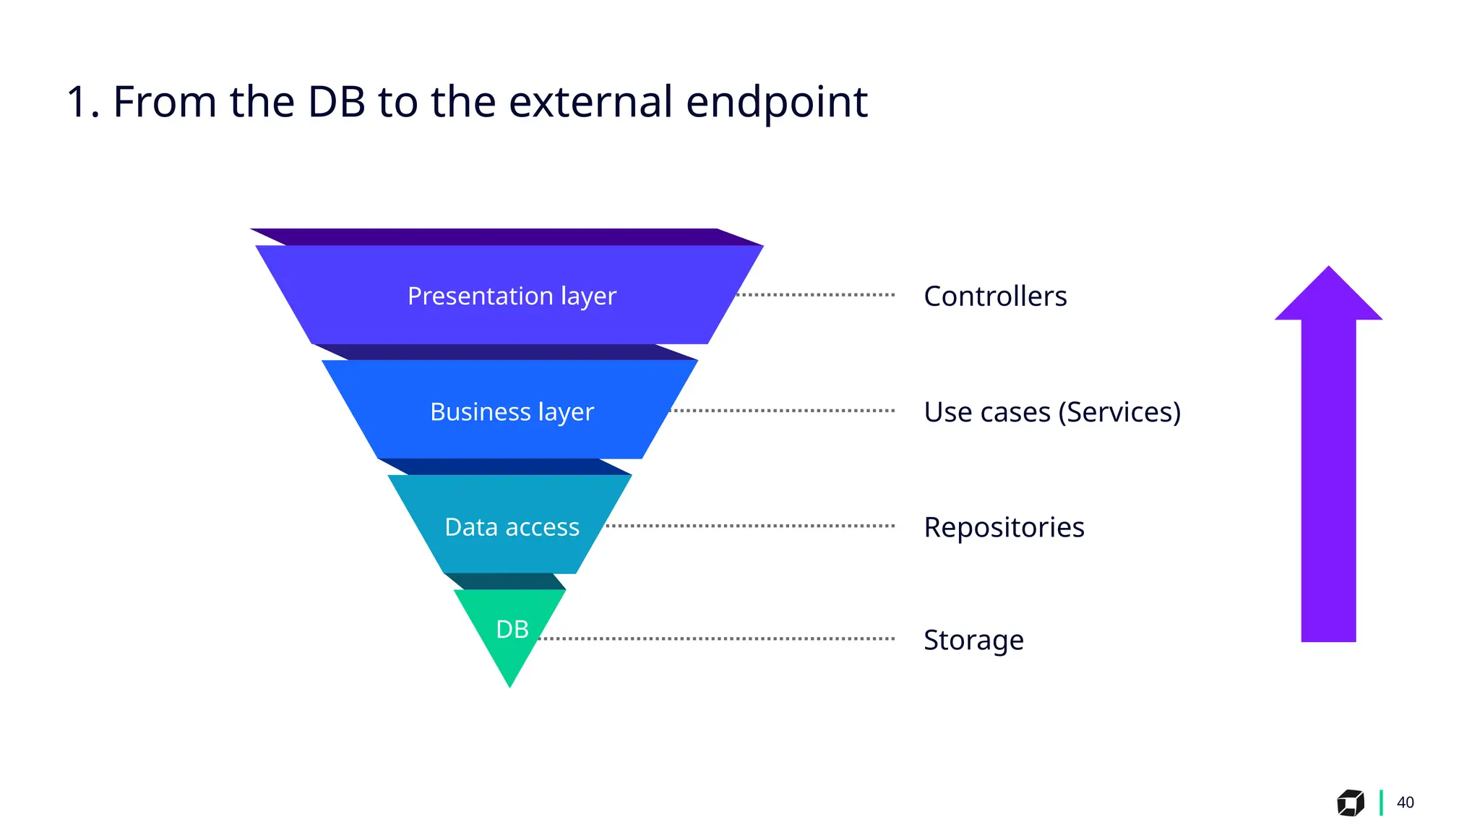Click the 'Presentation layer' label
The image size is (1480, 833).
point(512,296)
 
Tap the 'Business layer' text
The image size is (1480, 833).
point(512,411)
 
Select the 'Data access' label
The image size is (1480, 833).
point(512,527)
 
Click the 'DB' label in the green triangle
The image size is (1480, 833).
point(512,629)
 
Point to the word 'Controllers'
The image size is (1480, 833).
point(995,296)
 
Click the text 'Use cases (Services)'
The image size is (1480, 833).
point(1052,412)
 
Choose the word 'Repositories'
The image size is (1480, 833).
point(1004,527)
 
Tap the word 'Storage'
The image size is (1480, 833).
point(973,640)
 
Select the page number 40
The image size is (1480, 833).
point(1405,803)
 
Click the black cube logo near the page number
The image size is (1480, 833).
point(1350,803)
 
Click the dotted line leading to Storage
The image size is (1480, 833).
point(715,639)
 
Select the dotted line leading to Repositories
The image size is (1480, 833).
point(752,526)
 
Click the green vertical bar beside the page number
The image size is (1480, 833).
point(1381,803)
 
